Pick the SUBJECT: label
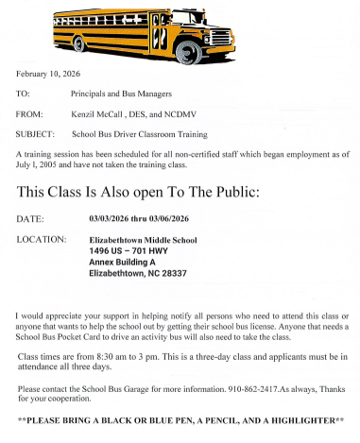(x=36, y=133)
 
